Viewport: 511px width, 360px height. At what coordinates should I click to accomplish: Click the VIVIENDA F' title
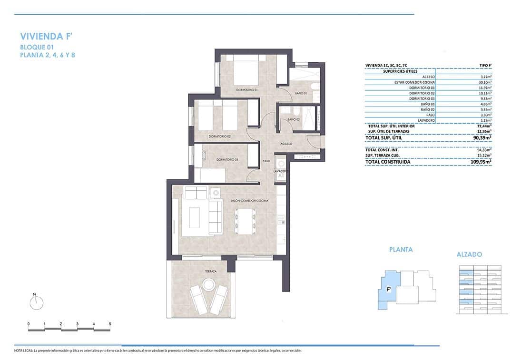click(x=47, y=36)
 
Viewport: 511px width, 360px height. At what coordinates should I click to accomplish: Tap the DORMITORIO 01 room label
click(x=246, y=89)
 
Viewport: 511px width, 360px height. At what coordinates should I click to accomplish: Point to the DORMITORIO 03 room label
click(x=227, y=159)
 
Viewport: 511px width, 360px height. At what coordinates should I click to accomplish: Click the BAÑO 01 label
click(x=301, y=93)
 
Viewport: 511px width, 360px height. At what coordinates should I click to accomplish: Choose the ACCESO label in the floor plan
click(x=286, y=143)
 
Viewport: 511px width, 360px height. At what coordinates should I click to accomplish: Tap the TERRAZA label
click(x=211, y=271)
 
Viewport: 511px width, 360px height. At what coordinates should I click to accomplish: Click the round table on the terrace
click(x=208, y=285)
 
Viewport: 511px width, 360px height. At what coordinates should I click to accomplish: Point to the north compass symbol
click(x=36, y=302)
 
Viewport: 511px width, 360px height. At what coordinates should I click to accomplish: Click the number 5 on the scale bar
click(x=110, y=324)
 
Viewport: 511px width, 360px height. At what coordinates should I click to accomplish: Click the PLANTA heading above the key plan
click(x=401, y=249)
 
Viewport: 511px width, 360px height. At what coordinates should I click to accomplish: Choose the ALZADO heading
click(x=469, y=254)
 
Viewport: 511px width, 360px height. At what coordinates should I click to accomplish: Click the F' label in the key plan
click(x=389, y=289)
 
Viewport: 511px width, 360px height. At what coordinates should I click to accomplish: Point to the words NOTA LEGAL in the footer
click(x=23, y=350)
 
